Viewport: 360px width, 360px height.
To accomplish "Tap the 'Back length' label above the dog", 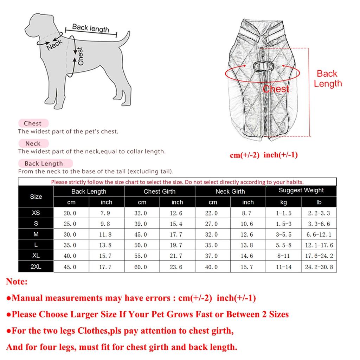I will point(90,28).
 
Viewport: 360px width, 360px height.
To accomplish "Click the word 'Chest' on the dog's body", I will point(80,56).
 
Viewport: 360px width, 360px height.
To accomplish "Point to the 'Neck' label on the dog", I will point(54,44).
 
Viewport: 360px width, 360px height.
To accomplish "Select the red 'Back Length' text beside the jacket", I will point(327,78).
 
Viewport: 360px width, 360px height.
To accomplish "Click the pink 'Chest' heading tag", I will point(33,123).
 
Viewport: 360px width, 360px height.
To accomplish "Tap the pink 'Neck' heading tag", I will point(33,143).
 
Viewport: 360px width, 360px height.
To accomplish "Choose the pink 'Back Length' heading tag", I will point(44,163).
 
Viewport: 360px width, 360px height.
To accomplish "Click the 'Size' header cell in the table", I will point(36,197).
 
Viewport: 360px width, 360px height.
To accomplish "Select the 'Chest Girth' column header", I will point(159,192).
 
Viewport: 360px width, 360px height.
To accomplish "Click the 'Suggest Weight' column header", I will point(301,191).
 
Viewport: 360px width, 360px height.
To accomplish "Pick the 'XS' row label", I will point(36,213).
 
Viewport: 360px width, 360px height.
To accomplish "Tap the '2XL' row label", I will point(36,266).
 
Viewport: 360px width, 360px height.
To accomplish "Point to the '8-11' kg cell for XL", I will point(283,256).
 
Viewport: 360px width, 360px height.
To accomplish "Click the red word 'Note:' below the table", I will point(17,282).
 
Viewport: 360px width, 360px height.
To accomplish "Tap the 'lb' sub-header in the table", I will point(319,202).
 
